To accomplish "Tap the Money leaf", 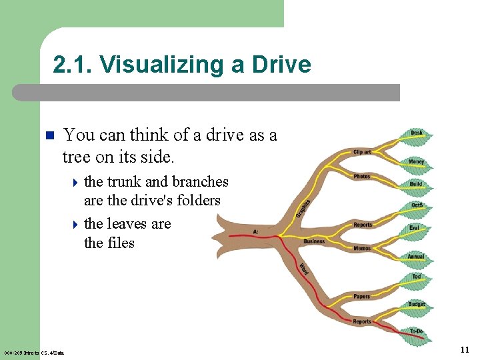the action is (417, 162).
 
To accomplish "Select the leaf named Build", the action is (417, 184).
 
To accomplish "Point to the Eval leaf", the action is (415, 228).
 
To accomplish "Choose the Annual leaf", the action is (416, 257).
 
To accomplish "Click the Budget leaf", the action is (416, 304).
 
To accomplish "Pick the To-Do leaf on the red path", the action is (417, 331).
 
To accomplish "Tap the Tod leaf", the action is (417, 277).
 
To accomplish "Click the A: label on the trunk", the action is (256, 232).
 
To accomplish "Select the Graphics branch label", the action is (303, 207).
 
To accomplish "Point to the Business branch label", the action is (314, 241).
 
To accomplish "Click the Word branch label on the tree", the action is (303, 269).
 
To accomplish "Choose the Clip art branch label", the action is (362, 152).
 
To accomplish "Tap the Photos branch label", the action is (362, 176).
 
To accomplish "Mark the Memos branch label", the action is (362, 248).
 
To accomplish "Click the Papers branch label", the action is (362, 297).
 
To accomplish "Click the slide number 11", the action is (465, 349).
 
